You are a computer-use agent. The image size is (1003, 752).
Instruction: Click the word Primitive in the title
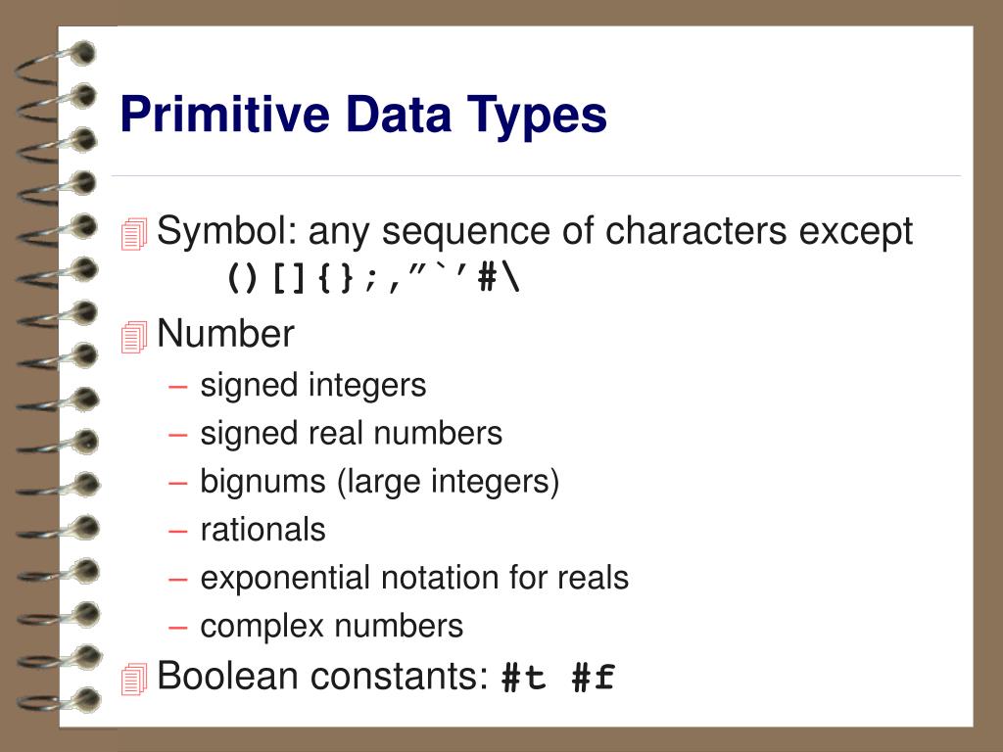(225, 114)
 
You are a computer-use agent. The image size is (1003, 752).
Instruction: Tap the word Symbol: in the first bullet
(227, 231)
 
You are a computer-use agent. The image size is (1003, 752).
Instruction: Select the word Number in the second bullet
(226, 333)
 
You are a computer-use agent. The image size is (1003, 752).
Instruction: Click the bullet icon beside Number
(133, 337)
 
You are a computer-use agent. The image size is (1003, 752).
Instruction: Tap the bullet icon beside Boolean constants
(133, 680)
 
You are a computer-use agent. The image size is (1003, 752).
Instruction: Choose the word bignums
(263, 482)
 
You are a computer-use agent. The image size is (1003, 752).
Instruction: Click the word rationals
(263, 530)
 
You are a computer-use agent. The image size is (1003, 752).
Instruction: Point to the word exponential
(285, 579)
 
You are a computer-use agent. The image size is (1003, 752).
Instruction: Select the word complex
(263, 627)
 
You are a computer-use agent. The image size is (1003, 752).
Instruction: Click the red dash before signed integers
(178, 387)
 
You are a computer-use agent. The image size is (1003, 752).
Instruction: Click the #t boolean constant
(524, 678)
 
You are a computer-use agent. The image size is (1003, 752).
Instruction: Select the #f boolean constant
(594, 678)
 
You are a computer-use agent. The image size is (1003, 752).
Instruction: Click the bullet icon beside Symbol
(133, 234)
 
